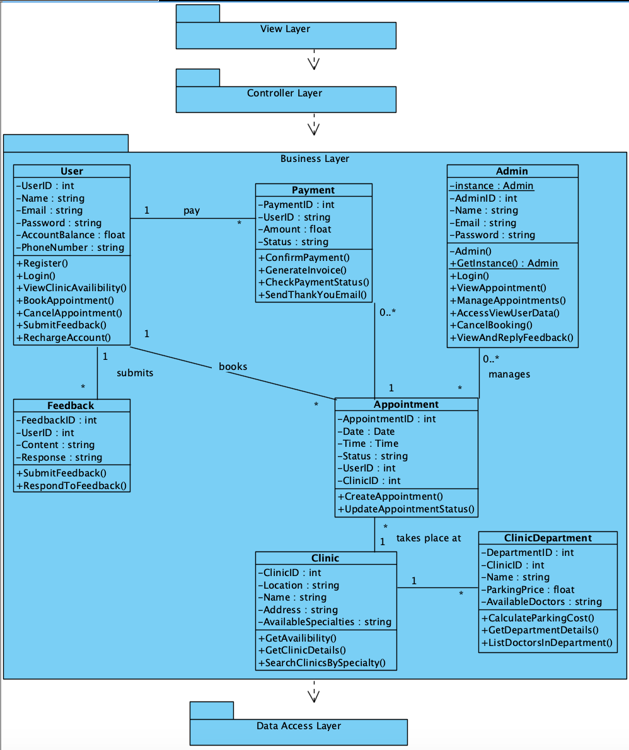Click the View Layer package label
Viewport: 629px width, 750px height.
tap(285, 29)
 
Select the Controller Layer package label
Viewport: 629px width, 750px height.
tap(284, 93)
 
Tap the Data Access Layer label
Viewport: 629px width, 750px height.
tap(298, 726)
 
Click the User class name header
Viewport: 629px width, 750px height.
tap(72, 171)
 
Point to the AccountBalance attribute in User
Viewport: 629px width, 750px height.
tap(71, 235)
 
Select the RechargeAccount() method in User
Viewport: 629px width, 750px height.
tap(63, 338)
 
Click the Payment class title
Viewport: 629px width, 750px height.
tap(313, 190)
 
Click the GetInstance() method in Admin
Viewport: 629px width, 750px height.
tap(504, 263)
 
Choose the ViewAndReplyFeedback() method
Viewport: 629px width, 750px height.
tap(511, 338)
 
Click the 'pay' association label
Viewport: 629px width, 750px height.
tap(192, 211)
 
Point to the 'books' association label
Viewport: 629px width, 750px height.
tap(233, 367)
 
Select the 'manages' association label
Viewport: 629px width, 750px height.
tap(509, 374)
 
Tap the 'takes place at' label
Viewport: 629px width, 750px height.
tap(429, 538)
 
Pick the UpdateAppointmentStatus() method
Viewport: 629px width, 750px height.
tap(406, 509)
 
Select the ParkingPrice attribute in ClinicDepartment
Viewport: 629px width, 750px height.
tap(528, 590)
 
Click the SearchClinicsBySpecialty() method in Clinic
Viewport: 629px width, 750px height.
tap(321, 663)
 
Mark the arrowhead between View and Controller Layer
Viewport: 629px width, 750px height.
tap(313, 64)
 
